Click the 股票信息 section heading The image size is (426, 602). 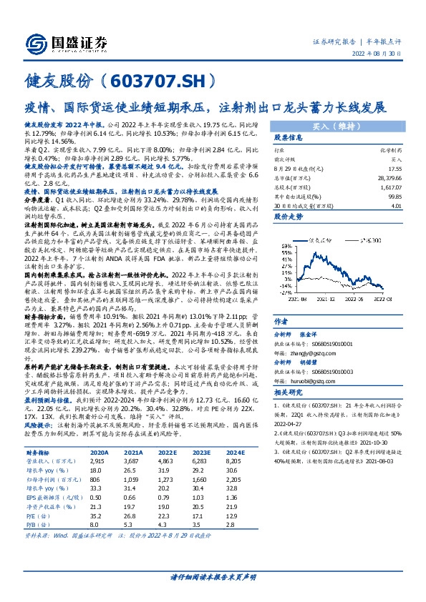291,138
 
